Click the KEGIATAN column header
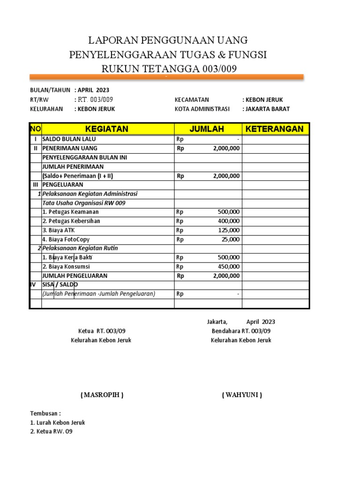107,129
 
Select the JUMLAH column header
207,129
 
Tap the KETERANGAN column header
275,129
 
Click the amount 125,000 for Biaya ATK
229,230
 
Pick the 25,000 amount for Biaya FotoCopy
231,240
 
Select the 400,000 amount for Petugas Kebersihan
229,221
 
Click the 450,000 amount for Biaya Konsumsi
229,267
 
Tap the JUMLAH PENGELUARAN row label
75,276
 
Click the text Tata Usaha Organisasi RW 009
84,203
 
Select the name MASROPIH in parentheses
102,395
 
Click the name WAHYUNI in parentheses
242,395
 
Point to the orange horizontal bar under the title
166,77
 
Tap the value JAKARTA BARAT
266,109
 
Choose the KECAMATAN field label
192,99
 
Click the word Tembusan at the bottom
45,413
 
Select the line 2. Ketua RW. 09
51,432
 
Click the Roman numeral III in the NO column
35,185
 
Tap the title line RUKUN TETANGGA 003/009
169,69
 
